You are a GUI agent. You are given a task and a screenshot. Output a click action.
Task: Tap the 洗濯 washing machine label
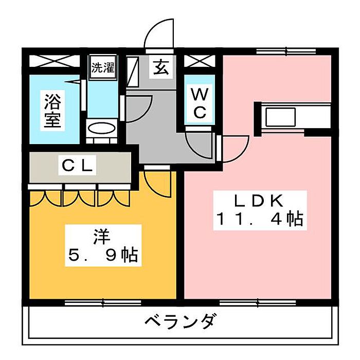tap(102, 67)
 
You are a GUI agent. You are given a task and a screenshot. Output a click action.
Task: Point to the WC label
tap(200, 102)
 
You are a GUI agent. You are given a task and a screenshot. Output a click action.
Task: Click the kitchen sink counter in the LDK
tap(280, 116)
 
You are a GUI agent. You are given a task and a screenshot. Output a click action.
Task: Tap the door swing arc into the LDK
tap(234, 149)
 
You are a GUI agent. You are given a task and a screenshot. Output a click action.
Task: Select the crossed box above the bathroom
tap(53, 60)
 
